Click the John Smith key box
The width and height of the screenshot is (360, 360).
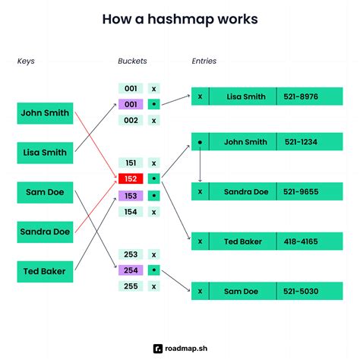point(45,113)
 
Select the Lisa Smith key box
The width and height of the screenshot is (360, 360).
point(45,153)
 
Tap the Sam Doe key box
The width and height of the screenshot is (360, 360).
point(45,192)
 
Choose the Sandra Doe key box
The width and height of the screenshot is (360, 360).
point(45,231)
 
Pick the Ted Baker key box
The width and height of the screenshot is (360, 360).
point(45,270)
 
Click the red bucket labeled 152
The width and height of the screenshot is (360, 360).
point(131,178)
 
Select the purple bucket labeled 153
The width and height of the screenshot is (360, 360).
point(131,195)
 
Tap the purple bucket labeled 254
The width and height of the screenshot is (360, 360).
point(131,270)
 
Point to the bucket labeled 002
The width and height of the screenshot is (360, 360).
point(131,120)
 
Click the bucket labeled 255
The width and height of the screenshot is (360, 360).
point(131,286)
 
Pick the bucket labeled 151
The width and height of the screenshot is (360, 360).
point(131,163)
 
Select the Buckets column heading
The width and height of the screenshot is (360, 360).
point(132,60)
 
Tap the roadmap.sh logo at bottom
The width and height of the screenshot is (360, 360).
point(179,348)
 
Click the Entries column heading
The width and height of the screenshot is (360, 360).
point(203,60)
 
